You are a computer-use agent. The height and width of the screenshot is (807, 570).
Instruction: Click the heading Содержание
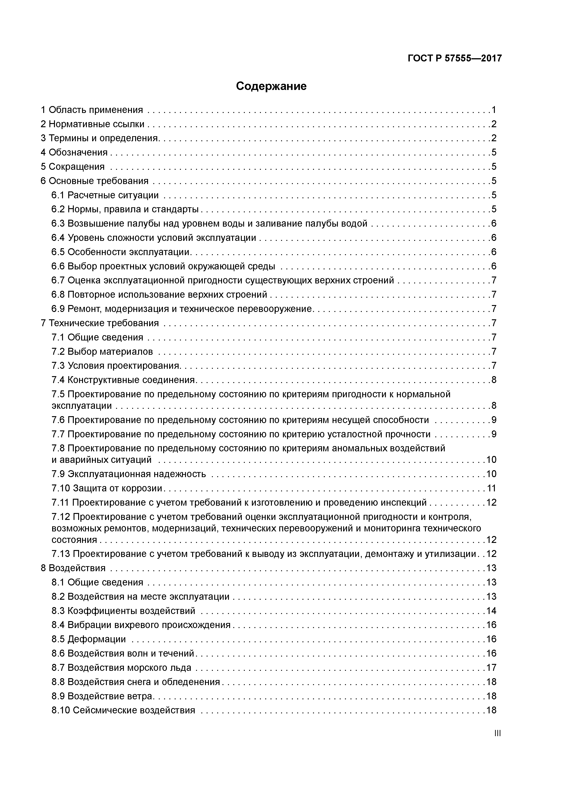point(271,86)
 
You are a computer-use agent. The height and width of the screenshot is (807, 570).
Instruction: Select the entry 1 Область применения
point(92,110)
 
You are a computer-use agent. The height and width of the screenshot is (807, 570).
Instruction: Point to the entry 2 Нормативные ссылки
point(93,124)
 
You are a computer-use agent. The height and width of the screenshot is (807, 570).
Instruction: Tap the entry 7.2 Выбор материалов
point(102,352)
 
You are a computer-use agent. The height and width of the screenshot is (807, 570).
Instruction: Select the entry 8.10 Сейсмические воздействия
point(123,710)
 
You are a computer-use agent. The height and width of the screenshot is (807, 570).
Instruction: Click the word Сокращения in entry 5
point(77,167)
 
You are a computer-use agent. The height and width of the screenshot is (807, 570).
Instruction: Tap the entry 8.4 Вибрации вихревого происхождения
point(141,625)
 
